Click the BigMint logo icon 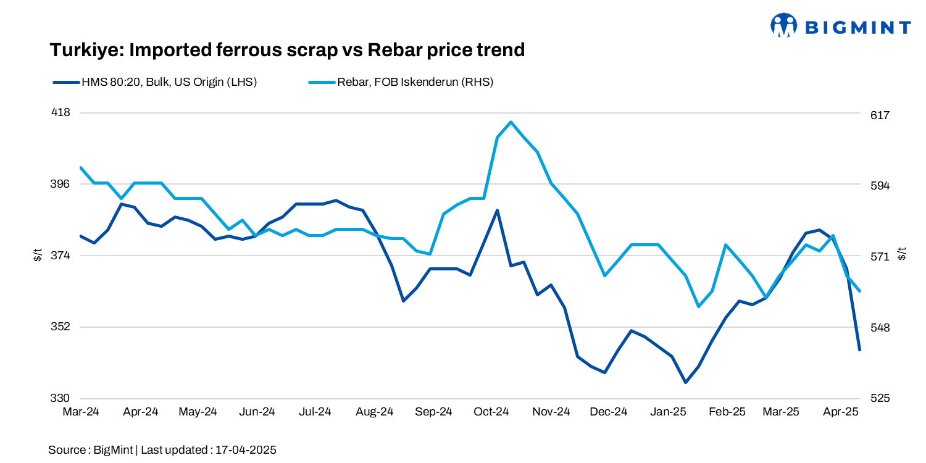[x=784, y=26]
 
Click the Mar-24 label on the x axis [x=81, y=412]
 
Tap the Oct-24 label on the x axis [x=492, y=412]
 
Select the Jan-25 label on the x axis [x=668, y=412]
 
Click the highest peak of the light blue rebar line [x=511, y=122]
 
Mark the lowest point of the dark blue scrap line [x=685, y=382]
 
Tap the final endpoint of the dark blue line [x=859, y=349]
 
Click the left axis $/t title [x=38, y=255]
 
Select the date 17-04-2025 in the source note [x=246, y=450]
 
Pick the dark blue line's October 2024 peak [x=497, y=211]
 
